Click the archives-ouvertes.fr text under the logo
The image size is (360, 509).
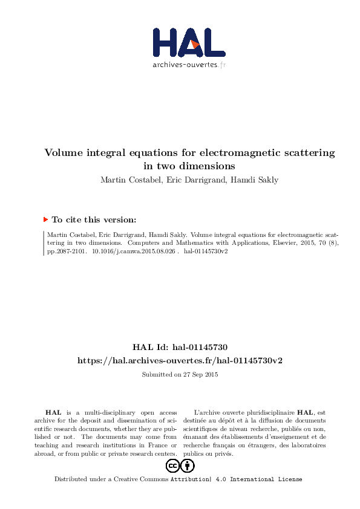pos(189,65)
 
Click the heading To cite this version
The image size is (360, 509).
pos(94,220)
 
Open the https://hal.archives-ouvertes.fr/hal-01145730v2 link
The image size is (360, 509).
pos(180,360)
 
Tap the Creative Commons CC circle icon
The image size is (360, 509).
pos(172,466)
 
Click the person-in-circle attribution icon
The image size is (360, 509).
pos(188,466)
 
